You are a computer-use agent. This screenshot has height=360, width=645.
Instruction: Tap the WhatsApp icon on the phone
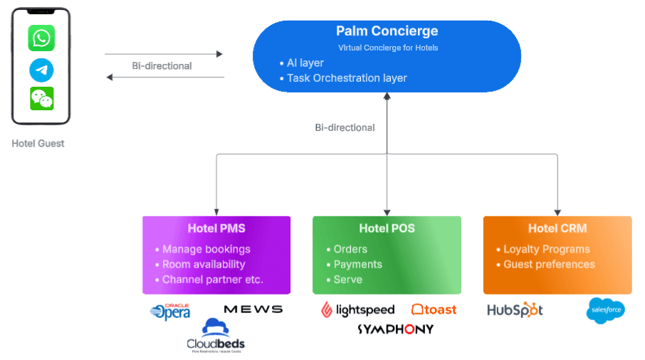(41, 38)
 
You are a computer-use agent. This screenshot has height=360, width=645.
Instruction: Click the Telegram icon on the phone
(41, 70)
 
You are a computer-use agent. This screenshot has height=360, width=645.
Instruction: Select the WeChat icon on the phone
(41, 99)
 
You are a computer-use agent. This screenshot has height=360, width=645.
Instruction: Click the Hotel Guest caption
(38, 143)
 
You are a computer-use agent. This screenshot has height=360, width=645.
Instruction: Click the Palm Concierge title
(387, 31)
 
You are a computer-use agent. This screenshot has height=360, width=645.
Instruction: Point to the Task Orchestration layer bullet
(347, 78)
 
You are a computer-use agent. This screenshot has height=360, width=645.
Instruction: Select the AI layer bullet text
(305, 63)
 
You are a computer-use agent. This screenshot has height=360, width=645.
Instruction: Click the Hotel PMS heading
(216, 228)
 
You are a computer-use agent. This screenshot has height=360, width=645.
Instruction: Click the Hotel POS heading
(387, 228)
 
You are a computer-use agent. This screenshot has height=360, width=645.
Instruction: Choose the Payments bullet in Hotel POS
(357, 264)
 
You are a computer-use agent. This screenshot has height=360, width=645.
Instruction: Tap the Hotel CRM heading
(557, 228)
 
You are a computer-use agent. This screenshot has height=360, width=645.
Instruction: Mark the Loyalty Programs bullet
(546, 249)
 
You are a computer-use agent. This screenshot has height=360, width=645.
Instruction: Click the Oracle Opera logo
(170, 311)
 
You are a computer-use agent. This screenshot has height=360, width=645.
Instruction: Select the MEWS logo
(253, 309)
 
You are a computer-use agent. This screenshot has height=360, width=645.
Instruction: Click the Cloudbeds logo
(216, 336)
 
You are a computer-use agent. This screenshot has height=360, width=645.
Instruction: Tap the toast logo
(434, 309)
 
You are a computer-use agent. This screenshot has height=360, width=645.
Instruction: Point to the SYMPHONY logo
(395, 329)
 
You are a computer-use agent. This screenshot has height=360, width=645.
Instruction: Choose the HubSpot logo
(515, 310)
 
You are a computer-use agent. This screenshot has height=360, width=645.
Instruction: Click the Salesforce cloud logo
(605, 310)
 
